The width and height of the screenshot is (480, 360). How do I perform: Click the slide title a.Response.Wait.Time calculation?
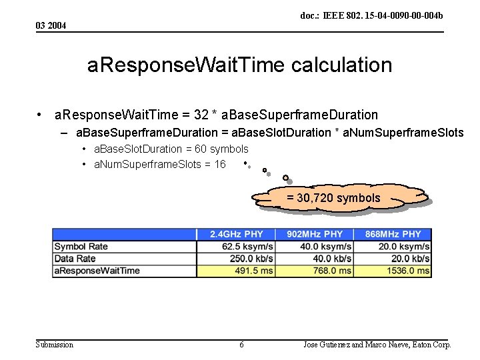(x=239, y=65)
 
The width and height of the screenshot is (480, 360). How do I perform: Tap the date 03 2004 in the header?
(x=51, y=25)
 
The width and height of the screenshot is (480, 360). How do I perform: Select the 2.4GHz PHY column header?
(x=236, y=234)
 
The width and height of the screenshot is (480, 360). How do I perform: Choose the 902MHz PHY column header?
(x=315, y=234)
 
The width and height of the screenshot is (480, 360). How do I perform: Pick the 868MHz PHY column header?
(x=393, y=234)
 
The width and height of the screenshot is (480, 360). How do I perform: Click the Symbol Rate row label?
(x=81, y=247)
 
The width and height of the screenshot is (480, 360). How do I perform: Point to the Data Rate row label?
(x=75, y=259)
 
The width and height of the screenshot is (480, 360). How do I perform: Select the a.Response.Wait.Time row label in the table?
(x=97, y=271)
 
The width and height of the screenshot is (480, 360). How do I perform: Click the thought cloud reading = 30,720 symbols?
(x=333, y=198)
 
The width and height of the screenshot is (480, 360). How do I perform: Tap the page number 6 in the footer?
(x=241, y=345)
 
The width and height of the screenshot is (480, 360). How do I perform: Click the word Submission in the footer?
(x=55, y=345)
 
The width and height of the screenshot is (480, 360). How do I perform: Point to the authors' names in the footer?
(x=377, y=345)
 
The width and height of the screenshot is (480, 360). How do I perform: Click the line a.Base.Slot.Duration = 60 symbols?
(x=171, y=149)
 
